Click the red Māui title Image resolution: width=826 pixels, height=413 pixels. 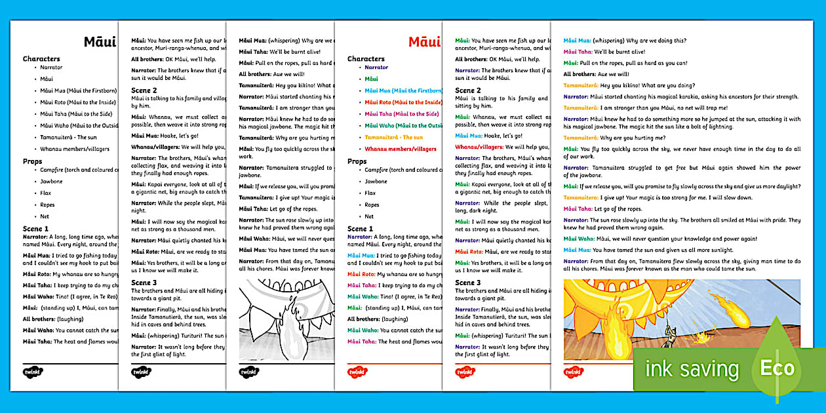point(424,42)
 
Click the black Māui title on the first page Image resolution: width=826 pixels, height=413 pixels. point(100,42)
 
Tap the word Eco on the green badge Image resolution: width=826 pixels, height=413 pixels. point(777,368)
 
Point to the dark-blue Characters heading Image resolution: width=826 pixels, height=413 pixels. point(366,58)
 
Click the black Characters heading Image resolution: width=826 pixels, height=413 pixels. point(41,58)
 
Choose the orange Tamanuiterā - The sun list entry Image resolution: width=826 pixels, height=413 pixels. point(394,137)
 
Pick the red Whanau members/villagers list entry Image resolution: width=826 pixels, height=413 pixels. point(401,149)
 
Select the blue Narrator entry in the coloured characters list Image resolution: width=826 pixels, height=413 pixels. point(376,67)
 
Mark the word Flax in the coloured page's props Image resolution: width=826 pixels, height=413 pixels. point(370,193)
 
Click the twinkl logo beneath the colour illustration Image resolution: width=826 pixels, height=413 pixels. point(574,372)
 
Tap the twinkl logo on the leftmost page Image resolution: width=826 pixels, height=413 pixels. point(33,371)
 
